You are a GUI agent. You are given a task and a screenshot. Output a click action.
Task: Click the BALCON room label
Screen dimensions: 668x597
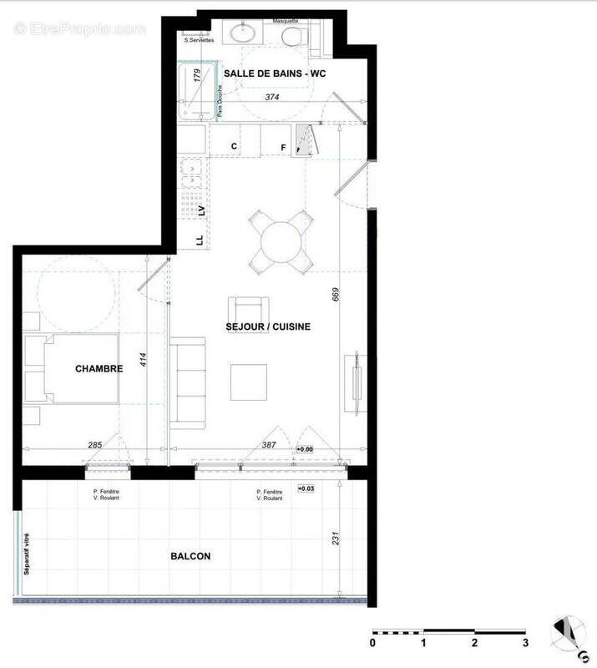click(x=190, y=556)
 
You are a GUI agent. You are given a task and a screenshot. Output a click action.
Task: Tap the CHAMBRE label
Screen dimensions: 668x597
click(x=99, y=369)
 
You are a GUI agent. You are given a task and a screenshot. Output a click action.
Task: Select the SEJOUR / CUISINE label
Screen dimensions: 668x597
click(x=268, y=326)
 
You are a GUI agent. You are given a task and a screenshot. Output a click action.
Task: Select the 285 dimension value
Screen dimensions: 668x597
click(x=94, y=446)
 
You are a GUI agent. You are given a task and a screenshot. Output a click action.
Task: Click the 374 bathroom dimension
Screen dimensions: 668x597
click(x=271, y=98)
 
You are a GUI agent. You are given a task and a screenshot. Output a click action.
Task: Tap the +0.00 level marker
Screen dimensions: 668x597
click(x=305, y=449)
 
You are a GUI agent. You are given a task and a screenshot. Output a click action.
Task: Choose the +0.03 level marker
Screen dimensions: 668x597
click(x=306, y=488)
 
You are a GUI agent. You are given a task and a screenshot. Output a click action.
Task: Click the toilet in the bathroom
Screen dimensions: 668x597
click(x=292, y=37)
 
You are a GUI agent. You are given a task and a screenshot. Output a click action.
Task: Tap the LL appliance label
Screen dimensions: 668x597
click(x=200, y=240)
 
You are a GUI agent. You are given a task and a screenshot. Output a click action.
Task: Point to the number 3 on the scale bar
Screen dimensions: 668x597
click(x=525, y=643)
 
